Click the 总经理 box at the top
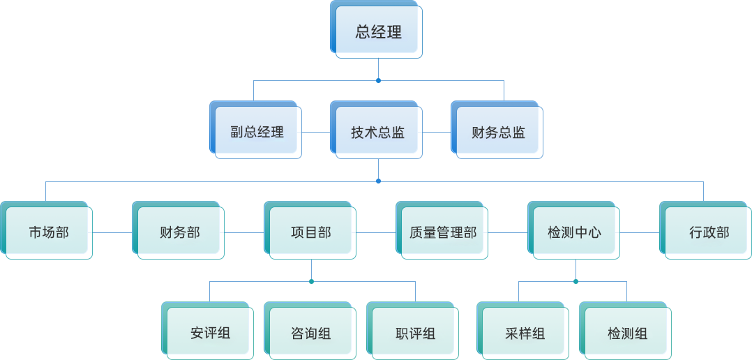[378, 32]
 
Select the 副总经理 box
[257, 133]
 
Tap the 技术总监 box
[378, 133]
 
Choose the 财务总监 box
[498, 133]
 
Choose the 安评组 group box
[210, 333]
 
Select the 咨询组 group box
[311, 333]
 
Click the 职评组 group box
[415, 333]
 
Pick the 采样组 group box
[525, 333]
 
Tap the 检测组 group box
[627, 333]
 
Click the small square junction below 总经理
[378, 80]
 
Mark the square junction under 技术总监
[378, 181]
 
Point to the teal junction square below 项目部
[311, 281]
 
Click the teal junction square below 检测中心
[576, 281]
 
